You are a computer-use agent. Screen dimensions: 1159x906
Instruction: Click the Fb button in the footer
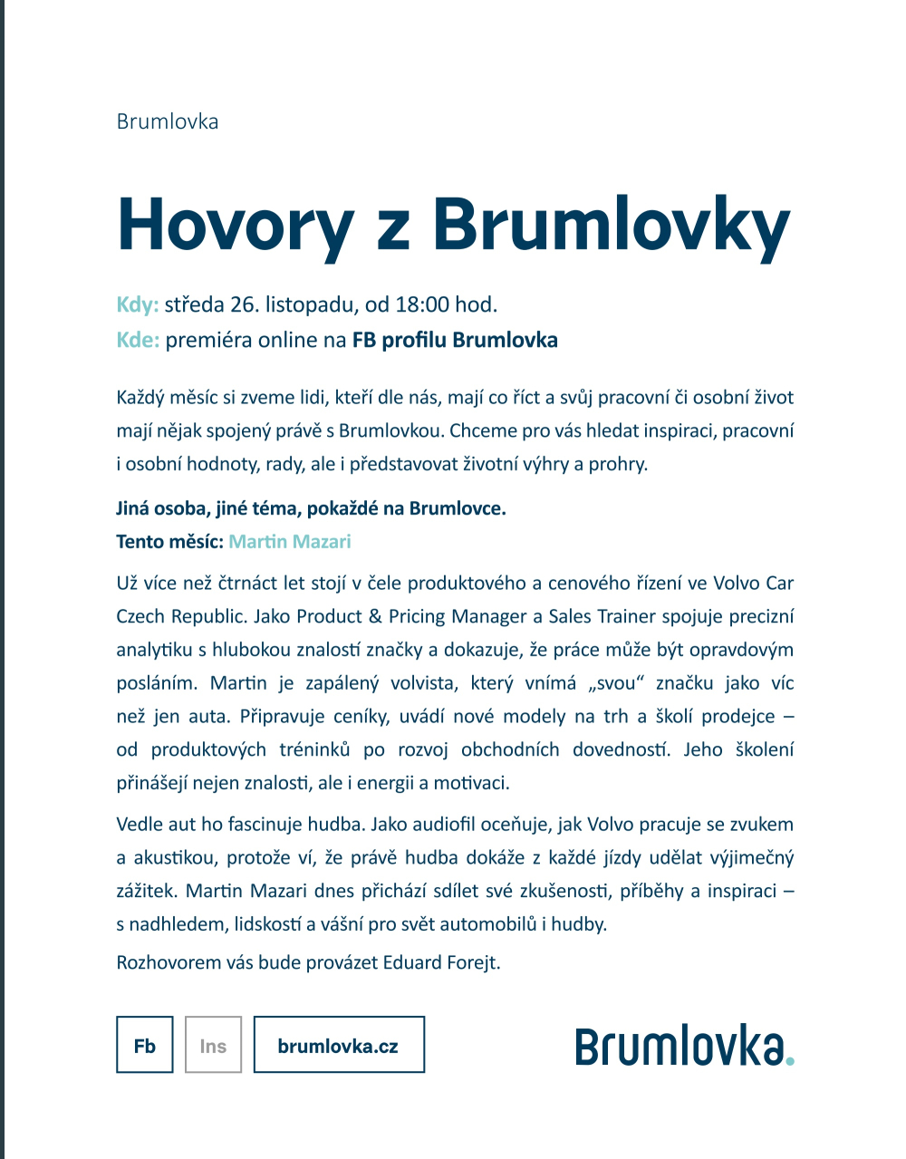tap(145, 1045)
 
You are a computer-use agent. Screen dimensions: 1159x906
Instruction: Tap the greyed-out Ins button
tap(213, 1045)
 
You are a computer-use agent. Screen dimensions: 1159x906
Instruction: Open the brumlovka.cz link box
tap(339, 1045)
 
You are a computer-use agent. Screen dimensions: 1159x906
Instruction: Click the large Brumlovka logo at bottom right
tap(679, 1046)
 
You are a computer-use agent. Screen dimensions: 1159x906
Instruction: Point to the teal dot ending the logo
tap(790, 1060)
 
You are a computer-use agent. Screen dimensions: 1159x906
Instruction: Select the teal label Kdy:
tap(137, 304)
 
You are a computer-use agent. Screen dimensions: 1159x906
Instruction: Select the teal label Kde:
tap(137, 341)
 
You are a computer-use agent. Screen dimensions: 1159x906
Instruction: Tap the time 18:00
tap(422, 304)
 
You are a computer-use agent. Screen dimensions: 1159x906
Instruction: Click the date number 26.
tap(244, 304)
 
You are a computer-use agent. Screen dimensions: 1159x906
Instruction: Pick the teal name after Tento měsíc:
tap(289, 542)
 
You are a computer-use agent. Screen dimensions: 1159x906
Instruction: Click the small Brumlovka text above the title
tap(168, 121)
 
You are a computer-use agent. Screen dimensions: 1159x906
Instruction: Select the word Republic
tap(208, 617)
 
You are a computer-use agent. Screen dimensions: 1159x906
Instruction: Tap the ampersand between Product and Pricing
tap(375, 617)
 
